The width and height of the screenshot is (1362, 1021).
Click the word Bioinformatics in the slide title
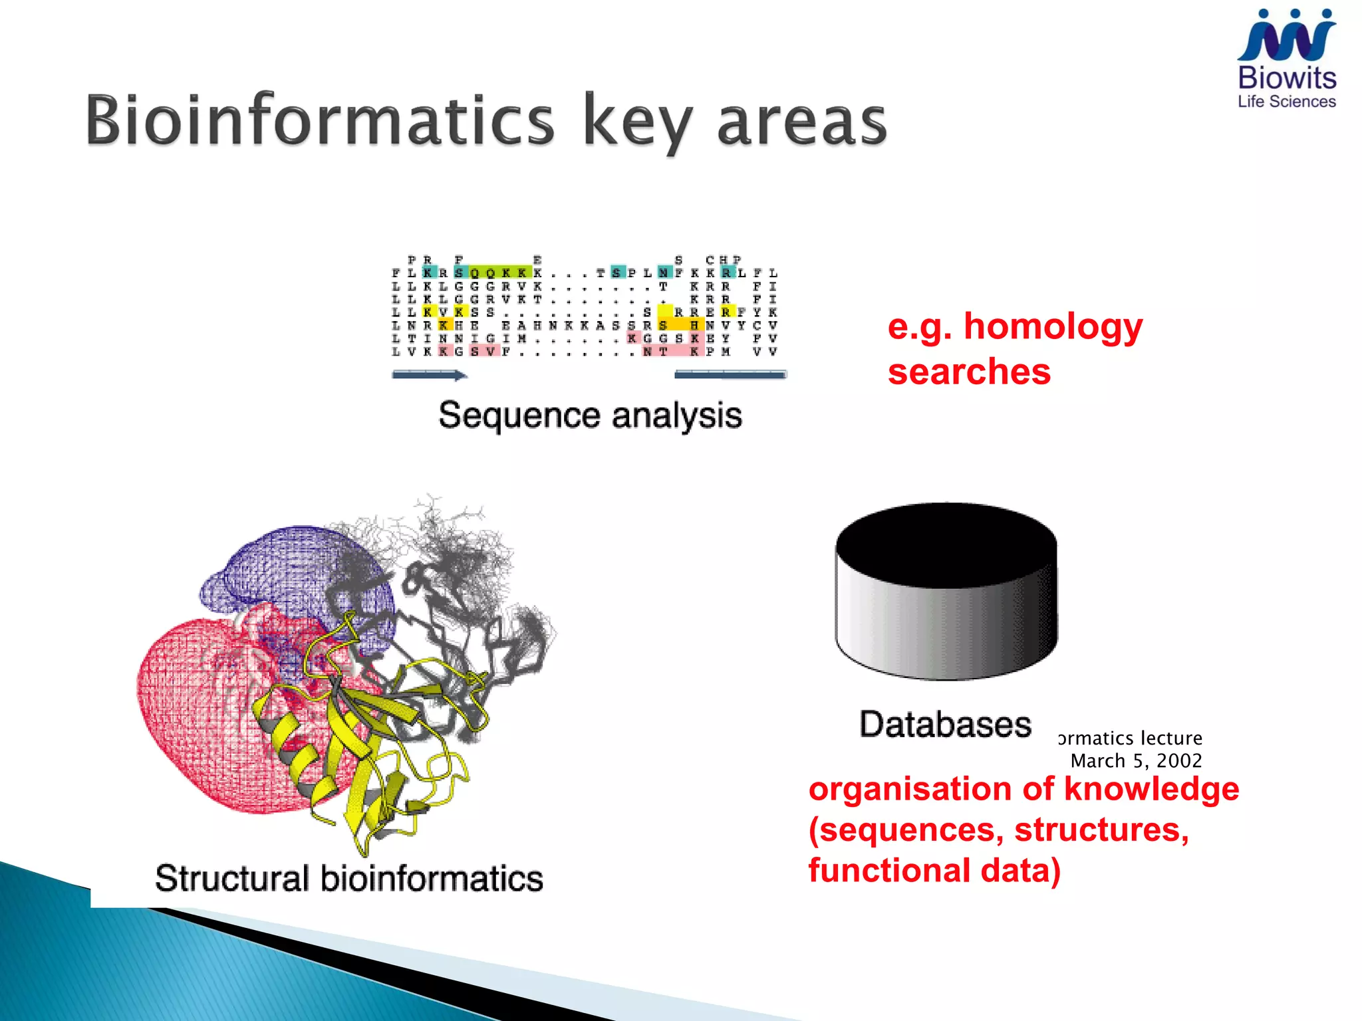click(319, 121)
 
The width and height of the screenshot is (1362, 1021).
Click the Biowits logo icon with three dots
click(1286, 37)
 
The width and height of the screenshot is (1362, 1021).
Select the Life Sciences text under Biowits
click(1286, 102)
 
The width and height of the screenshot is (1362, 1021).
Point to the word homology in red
click(1053, 328)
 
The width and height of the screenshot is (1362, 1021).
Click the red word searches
click(969, 372)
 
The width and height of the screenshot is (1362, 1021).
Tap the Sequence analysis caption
click(590, 415)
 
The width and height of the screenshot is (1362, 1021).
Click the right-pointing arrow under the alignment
click(430, 376)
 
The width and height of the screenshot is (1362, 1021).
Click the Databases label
click(945, 724)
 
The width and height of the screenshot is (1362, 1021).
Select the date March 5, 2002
click(1136, 760)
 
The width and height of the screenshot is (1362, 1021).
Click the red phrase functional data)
click(934, 871)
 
